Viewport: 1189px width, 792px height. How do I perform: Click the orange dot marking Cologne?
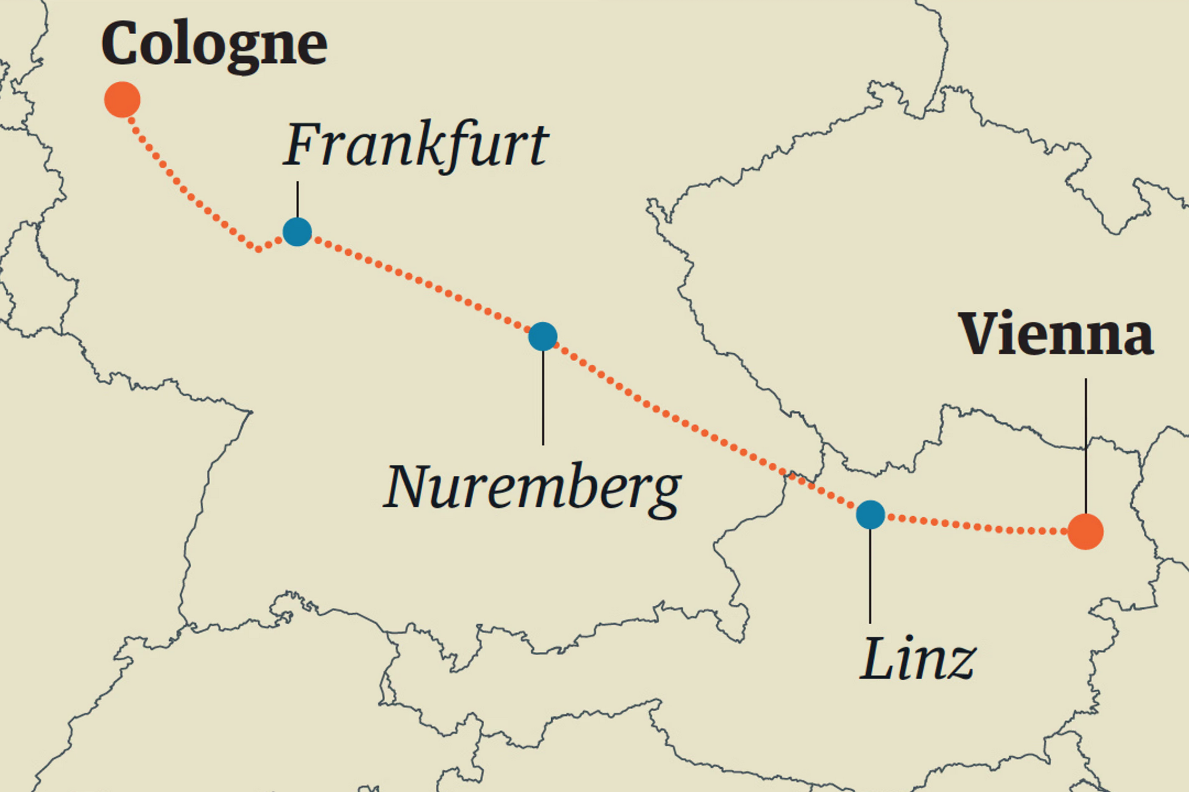pos(122,99)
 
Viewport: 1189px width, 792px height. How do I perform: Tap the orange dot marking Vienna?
pos(1085,531)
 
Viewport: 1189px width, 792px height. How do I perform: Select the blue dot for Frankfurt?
pos(297,232)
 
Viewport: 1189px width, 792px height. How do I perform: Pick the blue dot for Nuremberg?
pos(543,337)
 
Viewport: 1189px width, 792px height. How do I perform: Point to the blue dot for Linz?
pos(870,515)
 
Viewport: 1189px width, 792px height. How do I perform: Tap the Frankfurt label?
pos(415,145)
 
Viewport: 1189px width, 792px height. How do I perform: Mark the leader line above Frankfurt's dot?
pos(297,200)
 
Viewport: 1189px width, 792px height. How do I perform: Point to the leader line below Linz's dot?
pos(870,576)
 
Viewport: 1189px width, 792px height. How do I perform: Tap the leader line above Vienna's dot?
pos(1085,444)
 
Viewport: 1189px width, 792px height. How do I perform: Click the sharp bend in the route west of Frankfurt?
pos(258,249)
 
